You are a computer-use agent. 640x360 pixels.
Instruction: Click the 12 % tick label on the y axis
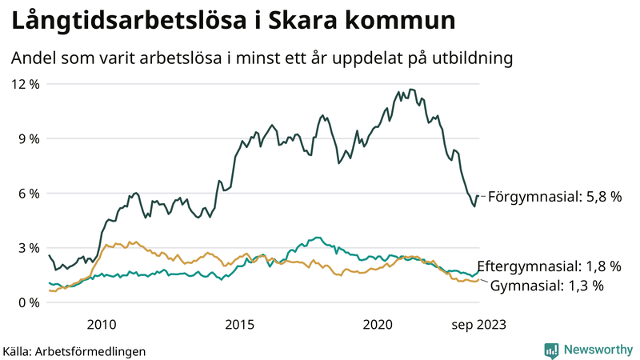(x=25, y=84)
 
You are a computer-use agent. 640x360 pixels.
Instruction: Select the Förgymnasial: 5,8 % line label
(x=554, y=196)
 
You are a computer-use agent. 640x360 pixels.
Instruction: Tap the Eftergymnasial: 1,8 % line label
(x=549, y=266)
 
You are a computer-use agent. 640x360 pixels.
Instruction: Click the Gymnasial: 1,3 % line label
(x=546, y=286)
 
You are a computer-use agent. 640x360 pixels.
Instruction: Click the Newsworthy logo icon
(x=551, y=350)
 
